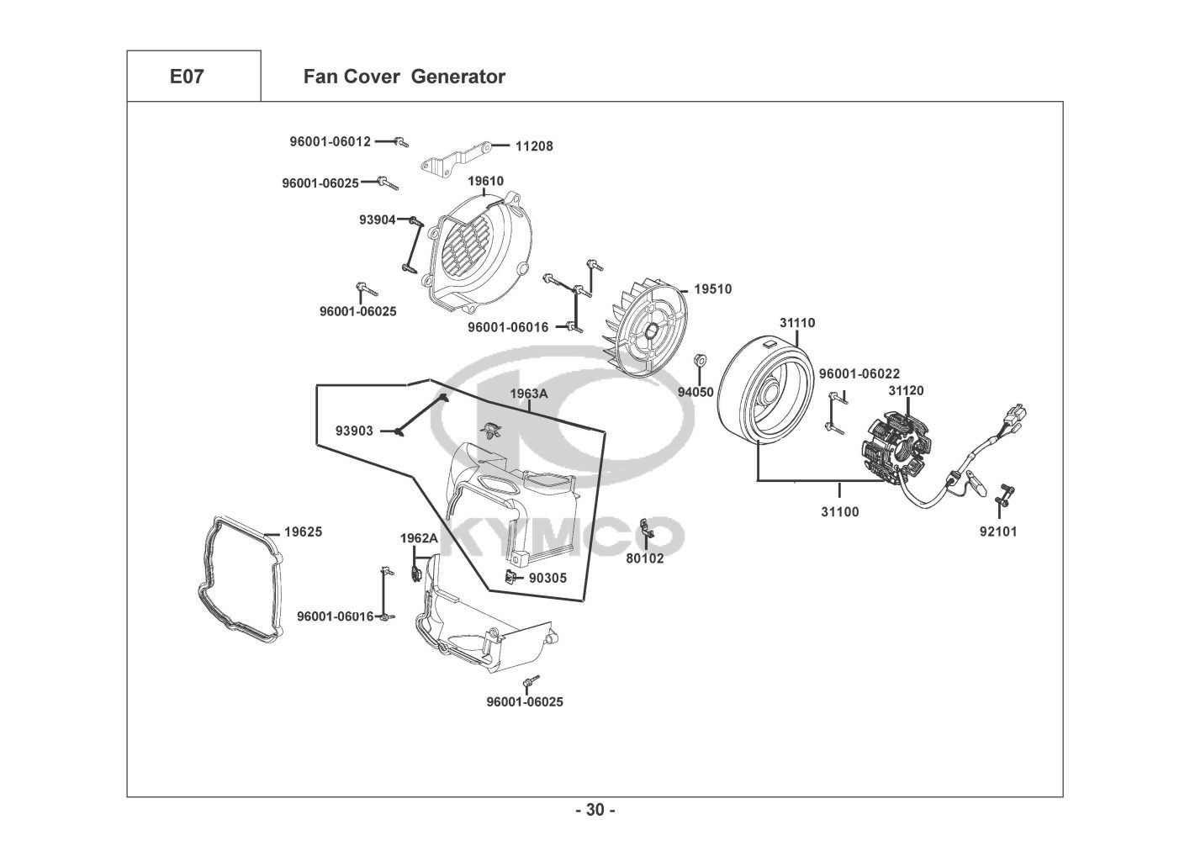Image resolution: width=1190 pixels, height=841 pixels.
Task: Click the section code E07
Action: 186,77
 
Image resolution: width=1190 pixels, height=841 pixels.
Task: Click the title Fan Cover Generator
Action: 404,77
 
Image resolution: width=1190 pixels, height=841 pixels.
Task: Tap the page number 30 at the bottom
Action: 595,810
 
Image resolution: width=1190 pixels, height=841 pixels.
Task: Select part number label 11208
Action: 534,146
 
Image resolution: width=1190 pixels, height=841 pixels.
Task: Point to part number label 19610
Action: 485,181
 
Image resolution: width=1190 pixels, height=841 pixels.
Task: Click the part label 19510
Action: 712,289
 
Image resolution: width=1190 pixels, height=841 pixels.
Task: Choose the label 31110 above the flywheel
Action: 796,323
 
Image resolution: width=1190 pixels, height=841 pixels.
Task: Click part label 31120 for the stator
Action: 906,391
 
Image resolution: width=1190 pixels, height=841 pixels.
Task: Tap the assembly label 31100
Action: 840,511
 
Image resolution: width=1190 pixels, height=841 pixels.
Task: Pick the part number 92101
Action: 998,532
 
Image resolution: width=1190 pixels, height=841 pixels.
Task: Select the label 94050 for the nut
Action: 695,392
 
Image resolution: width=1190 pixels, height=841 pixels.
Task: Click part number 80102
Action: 645,558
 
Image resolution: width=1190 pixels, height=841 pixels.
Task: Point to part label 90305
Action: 547,578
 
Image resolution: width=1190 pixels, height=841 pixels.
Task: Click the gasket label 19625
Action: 303,532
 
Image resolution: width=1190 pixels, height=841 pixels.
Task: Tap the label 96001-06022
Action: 859,373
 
